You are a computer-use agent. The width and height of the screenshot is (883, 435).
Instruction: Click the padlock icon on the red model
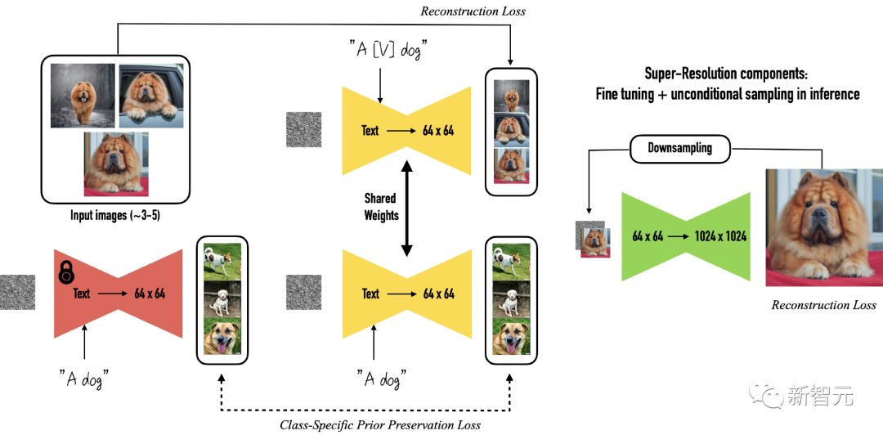66,273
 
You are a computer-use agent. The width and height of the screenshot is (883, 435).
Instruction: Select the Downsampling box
679,149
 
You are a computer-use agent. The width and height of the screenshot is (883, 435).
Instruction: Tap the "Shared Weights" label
381,207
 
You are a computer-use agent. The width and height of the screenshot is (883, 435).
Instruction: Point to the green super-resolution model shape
686,236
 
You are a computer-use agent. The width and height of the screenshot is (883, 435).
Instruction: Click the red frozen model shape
119,294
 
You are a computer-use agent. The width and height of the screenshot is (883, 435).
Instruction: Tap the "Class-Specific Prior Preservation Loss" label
380,424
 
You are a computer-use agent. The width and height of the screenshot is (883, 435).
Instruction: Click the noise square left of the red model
17,292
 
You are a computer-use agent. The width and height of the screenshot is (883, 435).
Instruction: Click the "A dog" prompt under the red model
84,379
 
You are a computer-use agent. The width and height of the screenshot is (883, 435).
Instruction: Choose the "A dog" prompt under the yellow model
381,379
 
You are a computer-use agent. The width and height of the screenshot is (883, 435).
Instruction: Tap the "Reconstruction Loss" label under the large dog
823,305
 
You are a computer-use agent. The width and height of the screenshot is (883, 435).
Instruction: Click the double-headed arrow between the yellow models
406,208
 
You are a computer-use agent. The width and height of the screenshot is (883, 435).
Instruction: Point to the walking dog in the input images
83,101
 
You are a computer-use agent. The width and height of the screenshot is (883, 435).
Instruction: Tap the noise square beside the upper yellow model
304,129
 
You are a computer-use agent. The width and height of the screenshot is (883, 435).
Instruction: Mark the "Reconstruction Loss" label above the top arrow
473,11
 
